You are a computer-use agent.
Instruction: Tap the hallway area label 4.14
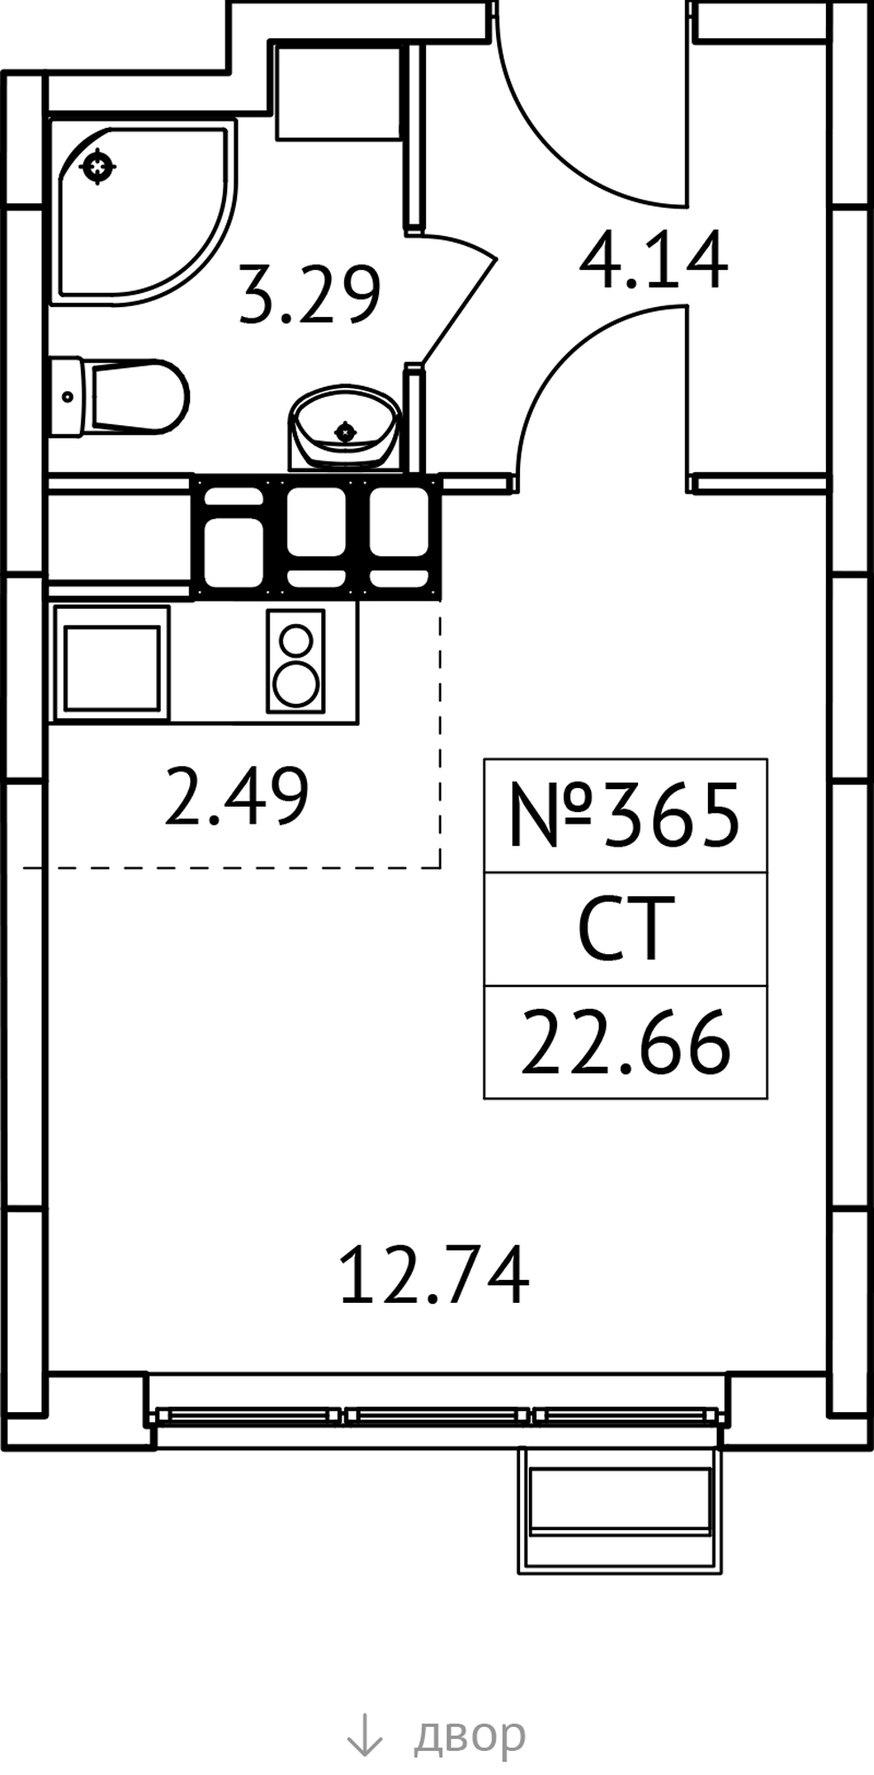654,260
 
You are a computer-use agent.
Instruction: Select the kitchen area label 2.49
237,796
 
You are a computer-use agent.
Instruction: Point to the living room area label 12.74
434,1274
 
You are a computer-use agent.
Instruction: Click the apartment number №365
624,816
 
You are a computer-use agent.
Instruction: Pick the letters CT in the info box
621,929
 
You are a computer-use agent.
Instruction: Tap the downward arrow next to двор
364,1734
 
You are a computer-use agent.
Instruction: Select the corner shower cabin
143,210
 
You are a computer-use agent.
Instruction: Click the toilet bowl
119,397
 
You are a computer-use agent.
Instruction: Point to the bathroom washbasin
343,427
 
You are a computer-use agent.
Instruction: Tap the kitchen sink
111,661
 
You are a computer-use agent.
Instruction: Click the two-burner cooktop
295,661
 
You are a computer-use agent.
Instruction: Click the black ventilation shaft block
317,537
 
